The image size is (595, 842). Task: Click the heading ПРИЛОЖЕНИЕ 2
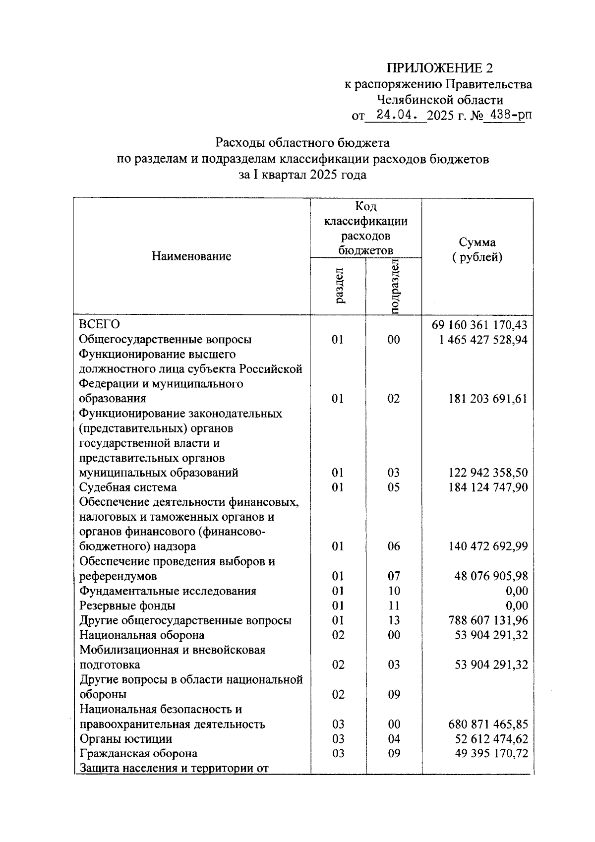click(440, 68)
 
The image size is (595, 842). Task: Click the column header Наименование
click(191, 256)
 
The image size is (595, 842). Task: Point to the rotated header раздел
click(339, 286)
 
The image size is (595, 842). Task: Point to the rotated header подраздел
click(395, 286)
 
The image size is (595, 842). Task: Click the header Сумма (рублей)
click(477, 250)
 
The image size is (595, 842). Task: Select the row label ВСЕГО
click(100, 325)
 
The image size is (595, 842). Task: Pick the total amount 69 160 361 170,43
click(479, 325)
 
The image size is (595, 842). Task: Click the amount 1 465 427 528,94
click(483, 340)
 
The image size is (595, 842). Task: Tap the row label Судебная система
click(128, 487)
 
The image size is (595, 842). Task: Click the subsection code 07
click(394, 576)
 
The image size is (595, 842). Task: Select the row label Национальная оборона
click(142, 635)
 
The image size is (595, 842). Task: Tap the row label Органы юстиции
click(126, 739)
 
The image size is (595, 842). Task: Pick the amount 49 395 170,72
click(491, 754)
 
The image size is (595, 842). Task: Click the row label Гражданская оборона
click(138, 754)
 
